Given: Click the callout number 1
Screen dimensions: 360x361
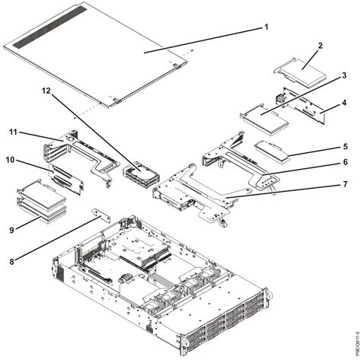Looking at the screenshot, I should tap(266, 27).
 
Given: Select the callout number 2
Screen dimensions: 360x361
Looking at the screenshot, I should tap(320, 46).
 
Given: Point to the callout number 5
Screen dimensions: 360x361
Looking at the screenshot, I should tap(344, 146).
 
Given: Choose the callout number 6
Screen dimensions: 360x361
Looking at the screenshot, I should tap(344, 162).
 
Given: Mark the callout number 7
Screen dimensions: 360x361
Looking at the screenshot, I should tap(344, 185).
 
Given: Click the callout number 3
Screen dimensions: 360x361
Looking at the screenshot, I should tap(344, 76).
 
